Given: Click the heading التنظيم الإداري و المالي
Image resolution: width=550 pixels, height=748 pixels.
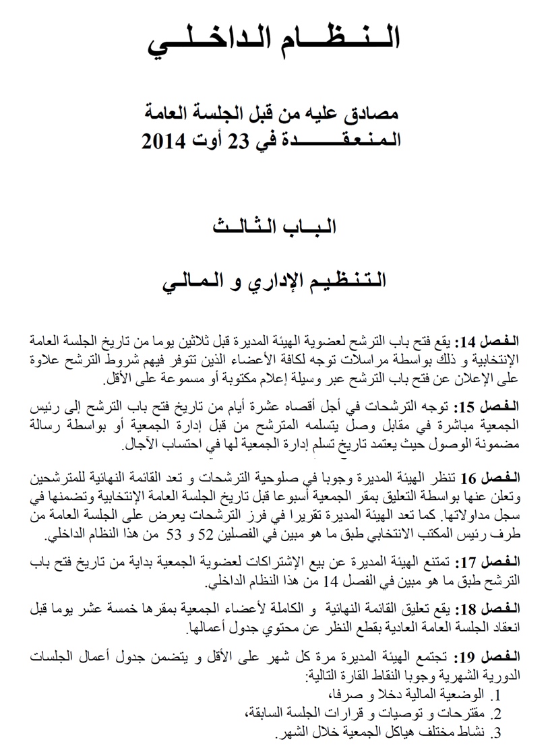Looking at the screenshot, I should tap(274, 280).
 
